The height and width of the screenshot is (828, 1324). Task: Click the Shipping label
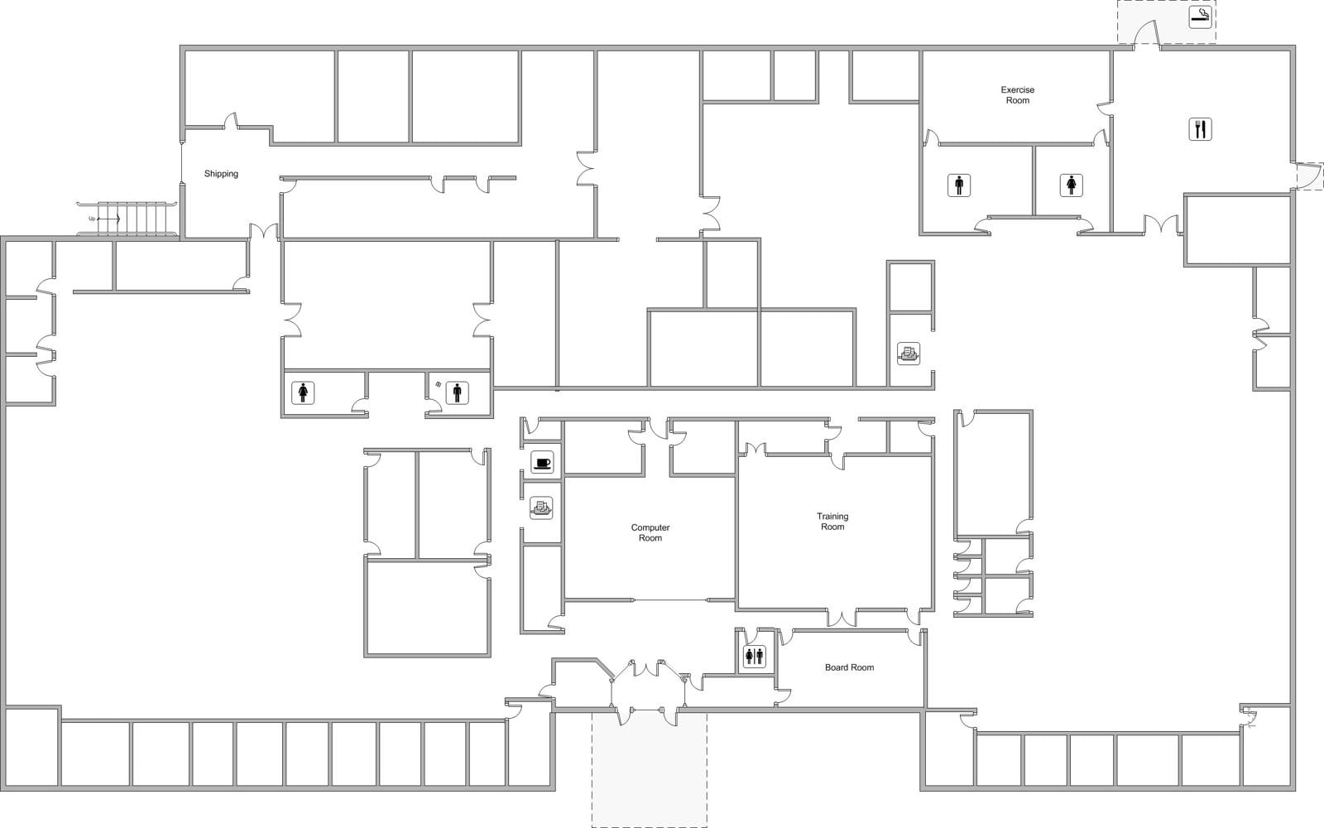(221, 174)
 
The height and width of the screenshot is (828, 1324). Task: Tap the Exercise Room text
(1017, 95)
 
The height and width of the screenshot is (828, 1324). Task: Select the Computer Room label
(650, 532)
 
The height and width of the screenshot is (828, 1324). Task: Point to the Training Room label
(832, 522)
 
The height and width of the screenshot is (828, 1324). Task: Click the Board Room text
(849, 667)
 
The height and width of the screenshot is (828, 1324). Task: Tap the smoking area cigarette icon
(1200, 17)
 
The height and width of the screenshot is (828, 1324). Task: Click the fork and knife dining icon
(1200, 129)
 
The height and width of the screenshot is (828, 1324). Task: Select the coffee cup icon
(542, 463)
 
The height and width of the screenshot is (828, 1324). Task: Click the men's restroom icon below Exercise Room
(959, 185)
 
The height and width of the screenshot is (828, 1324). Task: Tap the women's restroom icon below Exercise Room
(1072, 185)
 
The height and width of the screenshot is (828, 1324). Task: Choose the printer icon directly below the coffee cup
(541, 508)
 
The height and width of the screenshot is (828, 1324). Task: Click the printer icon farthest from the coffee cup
(909, 354)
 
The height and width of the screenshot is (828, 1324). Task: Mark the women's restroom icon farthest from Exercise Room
(303, 392)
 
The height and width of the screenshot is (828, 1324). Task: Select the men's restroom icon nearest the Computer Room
(457, 392)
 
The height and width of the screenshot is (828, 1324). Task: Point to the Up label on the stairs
(93, 219)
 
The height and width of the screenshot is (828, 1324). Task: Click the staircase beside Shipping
(137, 219)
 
